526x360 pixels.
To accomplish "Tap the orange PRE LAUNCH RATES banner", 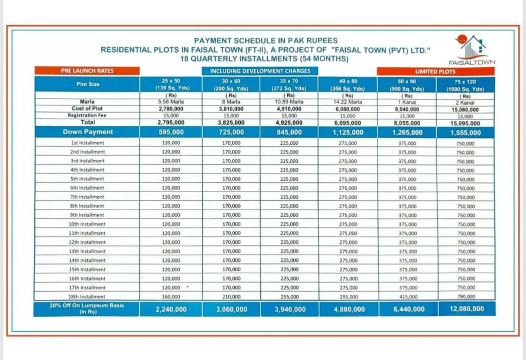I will pyautogui.click(x=87, y=70).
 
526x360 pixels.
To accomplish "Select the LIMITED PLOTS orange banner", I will pyautogui.click(x=436, y=71).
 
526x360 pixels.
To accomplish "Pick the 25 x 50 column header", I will pyautogui.click(x=172, y=84).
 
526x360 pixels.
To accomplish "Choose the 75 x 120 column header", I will pyautogui.click(x=465, y=84).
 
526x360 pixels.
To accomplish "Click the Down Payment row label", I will pyautogui.click(x=87, y=132).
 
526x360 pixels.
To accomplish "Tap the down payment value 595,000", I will pyautogui.click(x=172, y=132).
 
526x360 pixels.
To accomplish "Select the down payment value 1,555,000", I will pyautogui.click(x=465, y=132).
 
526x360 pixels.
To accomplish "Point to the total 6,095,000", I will pyautogui.click(x=348, y=123).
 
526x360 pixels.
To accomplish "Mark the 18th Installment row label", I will pyautogui.click(x=87, y=297).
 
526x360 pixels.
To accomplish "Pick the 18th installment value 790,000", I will pyautogui.click(x=465, y=297).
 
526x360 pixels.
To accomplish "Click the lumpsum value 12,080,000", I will pyautogui.click(x=465, y=309).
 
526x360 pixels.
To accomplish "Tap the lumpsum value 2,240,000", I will pyautogui.click(x=172, y=309).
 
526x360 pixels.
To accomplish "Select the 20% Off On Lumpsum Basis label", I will pyautogui.click(x=87, y=309).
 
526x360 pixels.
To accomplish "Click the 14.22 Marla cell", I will pyautogui.click(x=348, y=102).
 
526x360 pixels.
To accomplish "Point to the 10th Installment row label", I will pyautogui.click(x=87, y=224).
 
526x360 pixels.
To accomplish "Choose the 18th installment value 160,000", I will pyautogui.click(x=172, y=297).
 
